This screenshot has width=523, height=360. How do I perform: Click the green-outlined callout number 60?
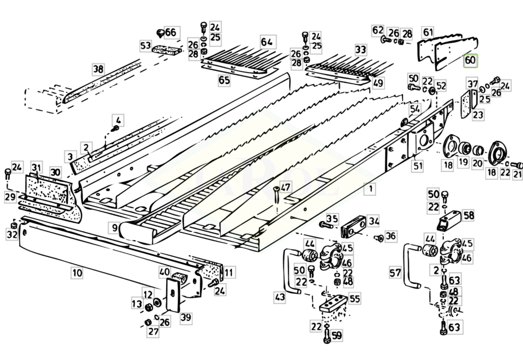click(x=470, y=61)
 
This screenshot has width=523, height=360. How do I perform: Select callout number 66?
click(x=170, y=32)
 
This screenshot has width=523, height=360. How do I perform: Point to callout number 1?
click(x=371, y=188)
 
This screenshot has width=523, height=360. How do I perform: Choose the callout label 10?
click(x=77, y=274)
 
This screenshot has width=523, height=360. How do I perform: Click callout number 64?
click(x=267, y=42)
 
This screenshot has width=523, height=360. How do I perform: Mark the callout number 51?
click(x=417, y=166)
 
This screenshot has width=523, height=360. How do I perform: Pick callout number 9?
click(x=114, y=227)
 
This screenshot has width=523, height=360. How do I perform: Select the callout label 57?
click(x=395, y=273)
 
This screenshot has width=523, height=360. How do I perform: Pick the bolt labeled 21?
click(x=517, y=163)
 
